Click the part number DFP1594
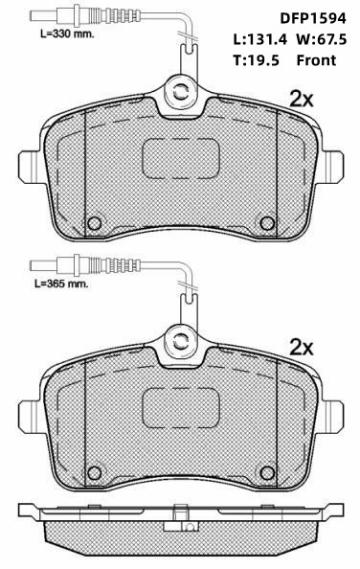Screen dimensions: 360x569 (x=313, y=18)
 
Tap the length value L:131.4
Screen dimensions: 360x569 (x=259, y=39)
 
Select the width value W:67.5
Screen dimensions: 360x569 (x=322, y=39)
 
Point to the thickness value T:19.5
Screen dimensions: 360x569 (x=256, y=60)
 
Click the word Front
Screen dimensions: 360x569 (x=316, y=60)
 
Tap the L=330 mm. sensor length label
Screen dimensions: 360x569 (x=67, y=34)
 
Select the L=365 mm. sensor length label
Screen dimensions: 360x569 (x=61, y=284)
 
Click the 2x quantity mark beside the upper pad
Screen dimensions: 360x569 (x=302, y=99)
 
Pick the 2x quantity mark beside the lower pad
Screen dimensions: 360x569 (x=302, y=348)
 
